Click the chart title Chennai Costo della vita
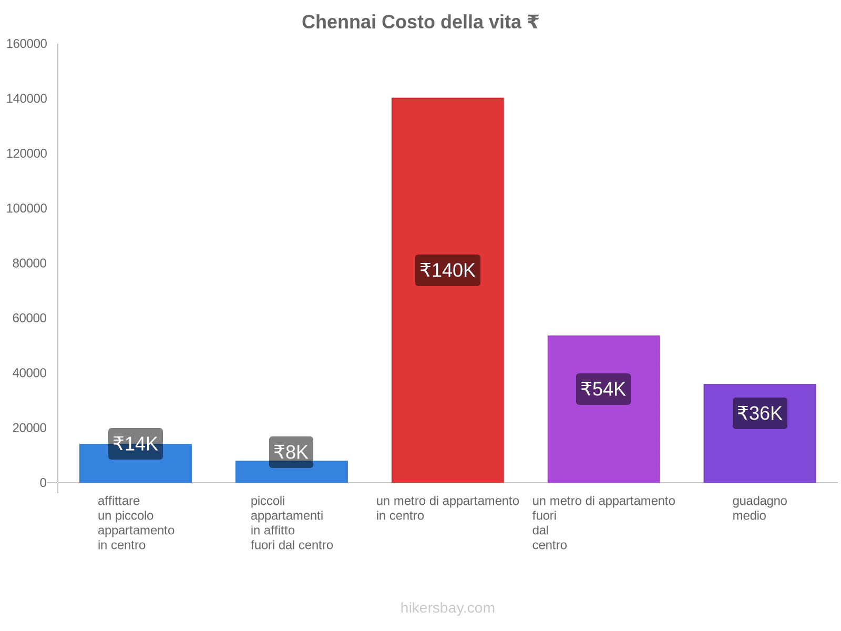click(x=419, y=22)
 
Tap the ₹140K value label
click(x=447, y=270)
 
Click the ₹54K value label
click(x=603, y=389)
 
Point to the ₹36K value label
click(x=760, y=413)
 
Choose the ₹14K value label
click(x=135, y=444)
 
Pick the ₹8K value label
click(x=291, y=452)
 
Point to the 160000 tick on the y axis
click(x=26, y=44)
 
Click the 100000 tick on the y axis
click(x=26, y=209)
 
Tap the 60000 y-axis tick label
click(x=29, y=318)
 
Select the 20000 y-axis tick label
click(x=29, y=428)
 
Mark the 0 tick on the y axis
click(x=43, y=483)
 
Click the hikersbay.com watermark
click(x=447, y=608)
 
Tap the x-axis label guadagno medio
click(x=760, y=508)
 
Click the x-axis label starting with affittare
click(x=136, y=523)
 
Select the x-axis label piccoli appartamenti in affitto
click(x=292, y=523)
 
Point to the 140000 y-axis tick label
click(x=26, y=99)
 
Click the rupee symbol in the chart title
click(x=532, y=22)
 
